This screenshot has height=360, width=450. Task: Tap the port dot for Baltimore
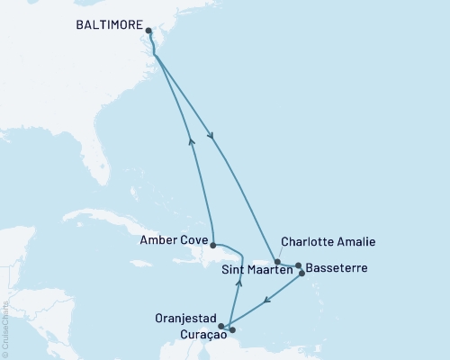click(148, 30)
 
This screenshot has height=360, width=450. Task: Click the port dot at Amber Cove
click(212, 245)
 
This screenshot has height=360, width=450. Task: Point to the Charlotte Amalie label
click(328, 241)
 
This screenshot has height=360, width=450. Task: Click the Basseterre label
click(337, 268)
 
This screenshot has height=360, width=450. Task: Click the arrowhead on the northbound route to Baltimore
click(190, 139)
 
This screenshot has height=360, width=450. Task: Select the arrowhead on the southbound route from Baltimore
click(211, 137)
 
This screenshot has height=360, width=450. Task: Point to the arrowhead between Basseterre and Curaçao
click(262, 301)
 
